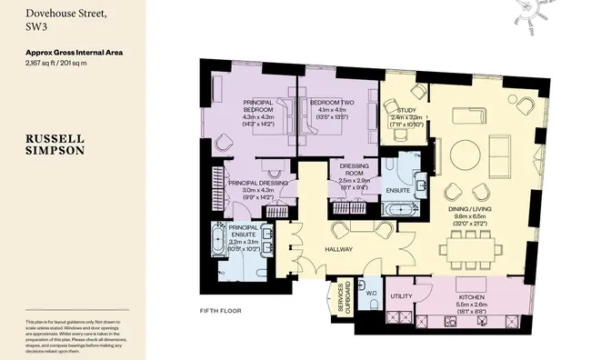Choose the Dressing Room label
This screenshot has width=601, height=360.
[353, 170]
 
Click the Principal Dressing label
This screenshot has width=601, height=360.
[257, 183]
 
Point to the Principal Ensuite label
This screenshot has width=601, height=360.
[249, 230]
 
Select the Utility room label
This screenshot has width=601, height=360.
[402, 296]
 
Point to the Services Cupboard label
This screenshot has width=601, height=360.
[342, 301]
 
